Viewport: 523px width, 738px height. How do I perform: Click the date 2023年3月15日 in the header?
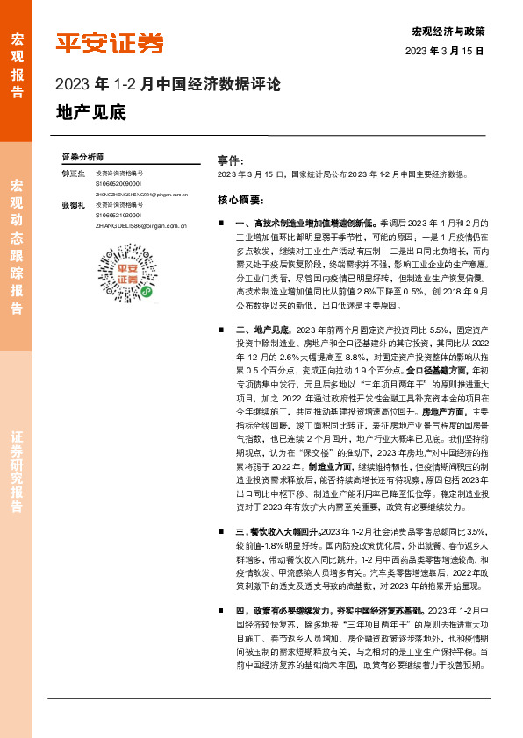tap(445, 51)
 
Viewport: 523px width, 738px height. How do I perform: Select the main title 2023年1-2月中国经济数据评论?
tap(168, 85)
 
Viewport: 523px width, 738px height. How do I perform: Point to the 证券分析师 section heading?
tap(82, 155)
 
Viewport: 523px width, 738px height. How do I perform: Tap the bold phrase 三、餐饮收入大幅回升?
tap(278, 531)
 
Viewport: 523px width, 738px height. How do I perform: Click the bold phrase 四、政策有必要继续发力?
tap(307, 610)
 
